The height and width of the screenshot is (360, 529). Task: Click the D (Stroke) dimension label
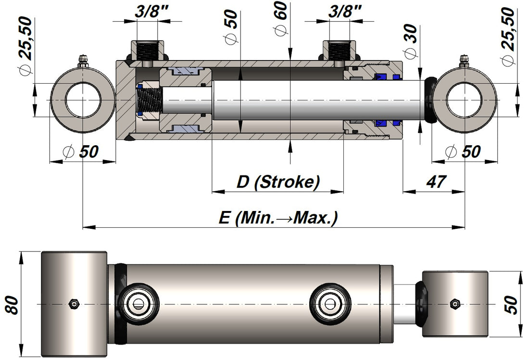point(278,182)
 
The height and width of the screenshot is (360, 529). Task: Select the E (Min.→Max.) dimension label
point(278,218)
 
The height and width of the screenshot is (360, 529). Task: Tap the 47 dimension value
point(436,182)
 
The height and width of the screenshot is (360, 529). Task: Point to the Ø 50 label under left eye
point(81,152)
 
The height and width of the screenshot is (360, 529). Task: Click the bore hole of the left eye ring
point(83,100)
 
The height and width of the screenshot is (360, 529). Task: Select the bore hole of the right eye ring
point(464,100)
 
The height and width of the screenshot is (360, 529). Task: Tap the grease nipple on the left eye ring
point(84,61)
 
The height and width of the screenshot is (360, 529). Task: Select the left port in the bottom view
point(139,303)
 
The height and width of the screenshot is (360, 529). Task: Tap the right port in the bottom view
point(330,303)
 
